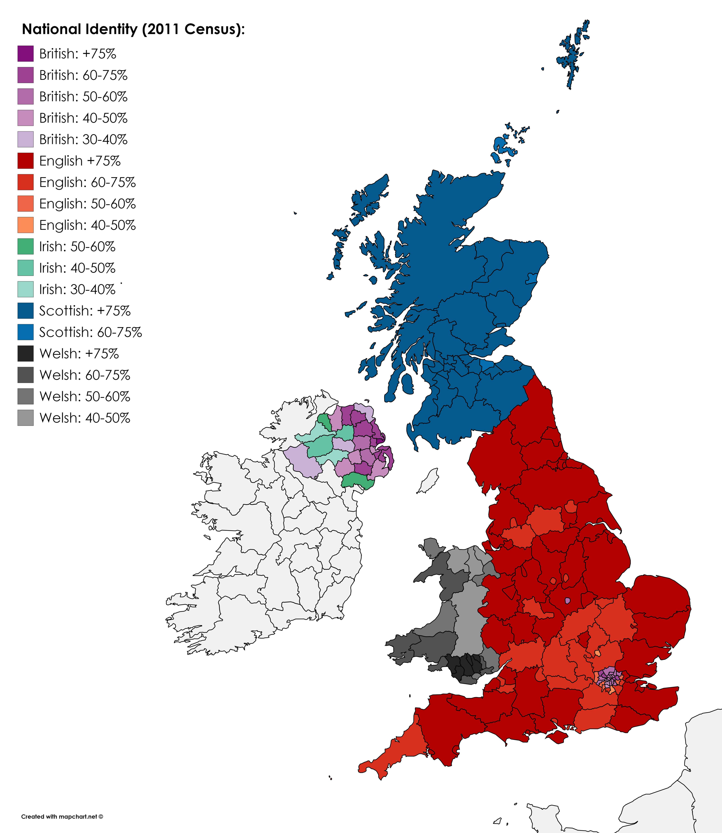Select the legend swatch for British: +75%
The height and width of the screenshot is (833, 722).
pyautogui.click(x=25, y=54)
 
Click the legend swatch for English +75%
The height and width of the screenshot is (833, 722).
pyautogui.click(x=25, y=161)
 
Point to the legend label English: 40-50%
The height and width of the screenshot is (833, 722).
pyautogui.click(x=87, y=225)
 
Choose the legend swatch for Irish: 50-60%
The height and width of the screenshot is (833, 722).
pyautogui.click(x=25, y=246)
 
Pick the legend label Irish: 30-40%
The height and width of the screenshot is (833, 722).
pyautogui.click(x=77, y=289)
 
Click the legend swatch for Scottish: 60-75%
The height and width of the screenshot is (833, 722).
pyautogui.click(x=25, y=332)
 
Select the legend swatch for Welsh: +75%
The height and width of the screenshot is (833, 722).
pyautogui.click(x=25, y=354)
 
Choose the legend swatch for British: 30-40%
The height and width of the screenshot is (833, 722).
pyautogui.click(x=25, y=139)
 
